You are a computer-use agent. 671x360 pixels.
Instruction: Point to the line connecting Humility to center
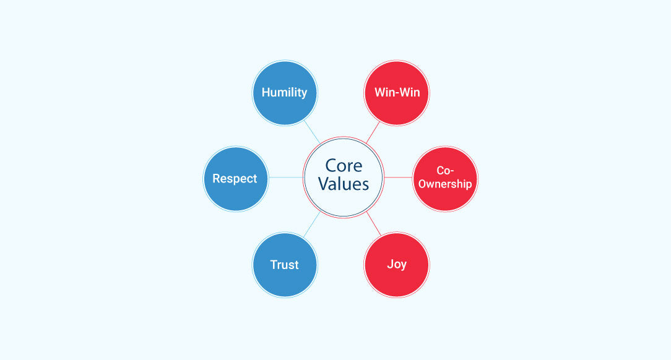tap(312, 132)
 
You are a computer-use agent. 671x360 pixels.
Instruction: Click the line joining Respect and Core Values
tap(286, 178)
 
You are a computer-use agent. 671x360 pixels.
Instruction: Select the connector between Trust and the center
tap(312, 225)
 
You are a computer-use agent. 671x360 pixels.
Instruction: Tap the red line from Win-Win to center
tap(373, 132)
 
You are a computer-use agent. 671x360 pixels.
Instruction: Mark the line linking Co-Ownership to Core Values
tap(399, 177)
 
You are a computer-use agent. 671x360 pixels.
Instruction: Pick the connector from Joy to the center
tap(374, 224)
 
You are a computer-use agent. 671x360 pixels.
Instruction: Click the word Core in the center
tap(344, 166)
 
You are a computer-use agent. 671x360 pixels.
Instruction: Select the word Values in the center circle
tap(343, 184)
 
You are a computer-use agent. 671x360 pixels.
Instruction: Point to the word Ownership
tap(445, 184)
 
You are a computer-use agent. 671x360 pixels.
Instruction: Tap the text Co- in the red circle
tap(445, 171)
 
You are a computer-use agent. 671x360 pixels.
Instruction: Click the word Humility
tap(285, 93)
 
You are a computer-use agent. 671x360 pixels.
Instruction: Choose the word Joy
tap(397, 265)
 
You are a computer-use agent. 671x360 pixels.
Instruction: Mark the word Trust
tap(285, 265)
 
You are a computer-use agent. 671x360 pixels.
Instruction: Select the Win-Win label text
tap(397, 92)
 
